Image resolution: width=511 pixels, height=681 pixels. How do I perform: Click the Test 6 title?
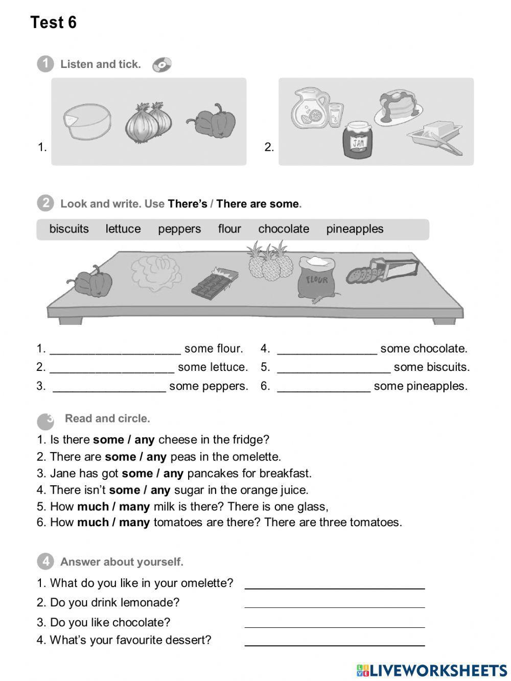53,22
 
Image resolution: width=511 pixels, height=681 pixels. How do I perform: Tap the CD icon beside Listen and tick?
162,65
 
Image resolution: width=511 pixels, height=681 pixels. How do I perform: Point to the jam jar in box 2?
358,139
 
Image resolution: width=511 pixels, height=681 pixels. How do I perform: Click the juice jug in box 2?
310,108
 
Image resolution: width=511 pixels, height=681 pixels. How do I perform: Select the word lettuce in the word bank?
123,229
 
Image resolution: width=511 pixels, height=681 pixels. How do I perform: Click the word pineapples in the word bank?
355,229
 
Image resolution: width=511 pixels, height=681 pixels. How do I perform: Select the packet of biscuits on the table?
382,270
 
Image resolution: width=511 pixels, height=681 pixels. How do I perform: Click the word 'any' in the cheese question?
145,440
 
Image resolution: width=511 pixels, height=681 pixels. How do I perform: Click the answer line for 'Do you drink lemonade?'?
335,605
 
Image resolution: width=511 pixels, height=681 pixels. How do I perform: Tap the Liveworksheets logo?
432,670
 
